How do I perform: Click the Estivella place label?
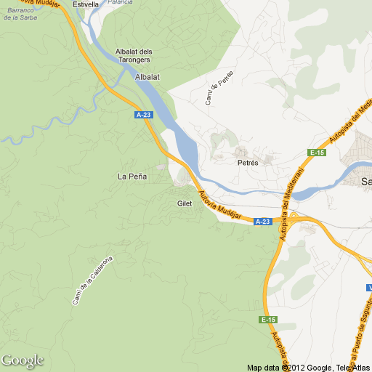(x=86, y=4)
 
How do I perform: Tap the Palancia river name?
(x=120, y=2)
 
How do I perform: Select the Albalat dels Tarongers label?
(x=134, y=55)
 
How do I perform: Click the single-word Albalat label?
(x=147, y=76)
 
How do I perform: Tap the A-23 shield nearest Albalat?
(x=144, y=115)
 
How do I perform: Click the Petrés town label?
(x=248, y=163)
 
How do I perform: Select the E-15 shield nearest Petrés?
(x=317, y=153)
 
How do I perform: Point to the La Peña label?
(x=132, y=177)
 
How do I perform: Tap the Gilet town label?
(x=185, y=203)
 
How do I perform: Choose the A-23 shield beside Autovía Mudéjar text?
(x=263, y=222)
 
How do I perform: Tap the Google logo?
(x=22, y=360)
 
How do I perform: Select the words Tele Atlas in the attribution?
(x=352, y=367)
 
